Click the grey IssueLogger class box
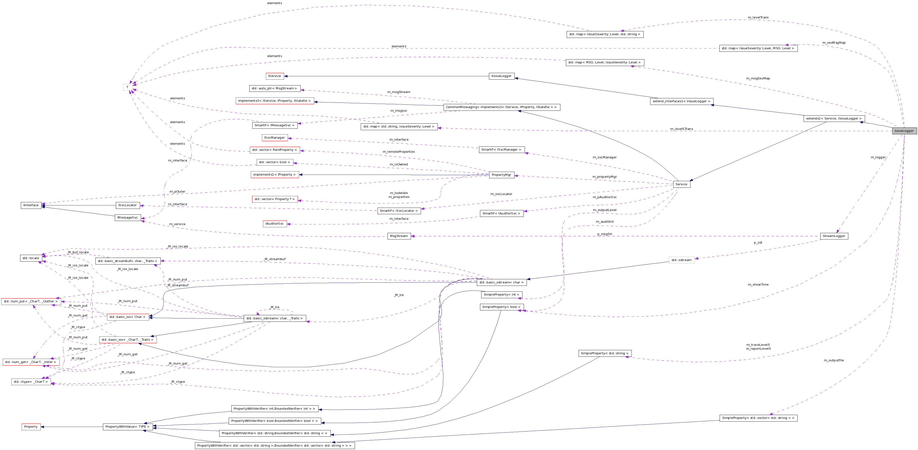pos(904,131)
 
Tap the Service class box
pos(681,184)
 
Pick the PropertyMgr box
pos(501,175)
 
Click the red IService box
pos(274,76)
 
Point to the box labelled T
pos(127,87)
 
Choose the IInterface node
pos(31,205)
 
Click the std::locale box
pos(31,258)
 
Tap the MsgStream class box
pos(399,236)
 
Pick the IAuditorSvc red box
pos(274,224)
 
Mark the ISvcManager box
pos(274,138)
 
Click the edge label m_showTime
pos(758,285)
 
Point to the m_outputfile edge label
pos(834,360)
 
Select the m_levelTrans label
pos(758,17)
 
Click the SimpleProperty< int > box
pos(501,295)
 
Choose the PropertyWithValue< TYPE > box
pos(127,427)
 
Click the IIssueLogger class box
pos(501,76)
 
